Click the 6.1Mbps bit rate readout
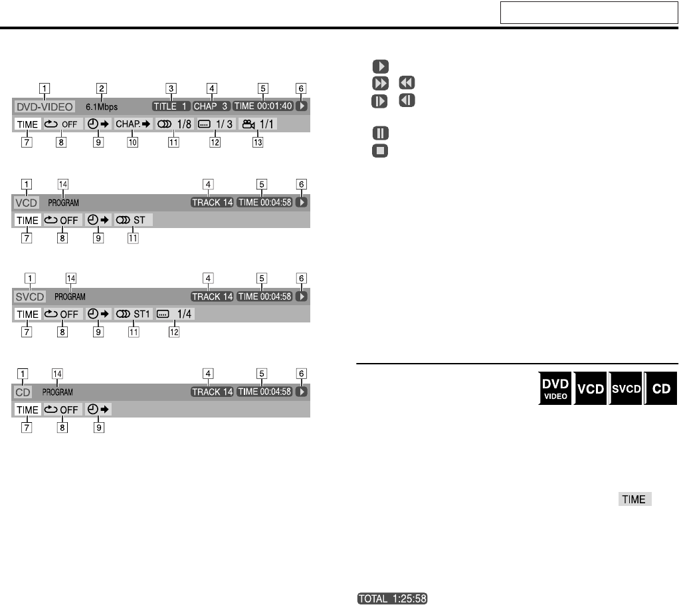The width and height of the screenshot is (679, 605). pyautogui.click(x=102, y=106)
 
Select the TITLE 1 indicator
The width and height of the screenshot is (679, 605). pyautogui.click(x=171, y=106)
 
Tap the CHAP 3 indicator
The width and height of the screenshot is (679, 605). pyautogui.click(x=211, y=106)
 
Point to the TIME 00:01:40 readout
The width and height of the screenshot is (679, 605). pyautogui.click(x=263, y=106)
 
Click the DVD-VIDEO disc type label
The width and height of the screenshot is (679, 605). pyautogui.click(x=44, y=106)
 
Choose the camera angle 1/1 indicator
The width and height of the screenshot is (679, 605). pyautogui.click(x=258, y=124)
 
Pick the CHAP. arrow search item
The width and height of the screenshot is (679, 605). pyautogui.click(x=133, y=124)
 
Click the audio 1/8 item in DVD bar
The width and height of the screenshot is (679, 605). pyautogui.click(x=174, y=124)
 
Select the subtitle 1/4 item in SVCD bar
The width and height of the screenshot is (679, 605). pyautogui.click(x=175, y=314)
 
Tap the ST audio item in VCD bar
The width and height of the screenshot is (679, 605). pyautogui.click(x=134, y=220)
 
